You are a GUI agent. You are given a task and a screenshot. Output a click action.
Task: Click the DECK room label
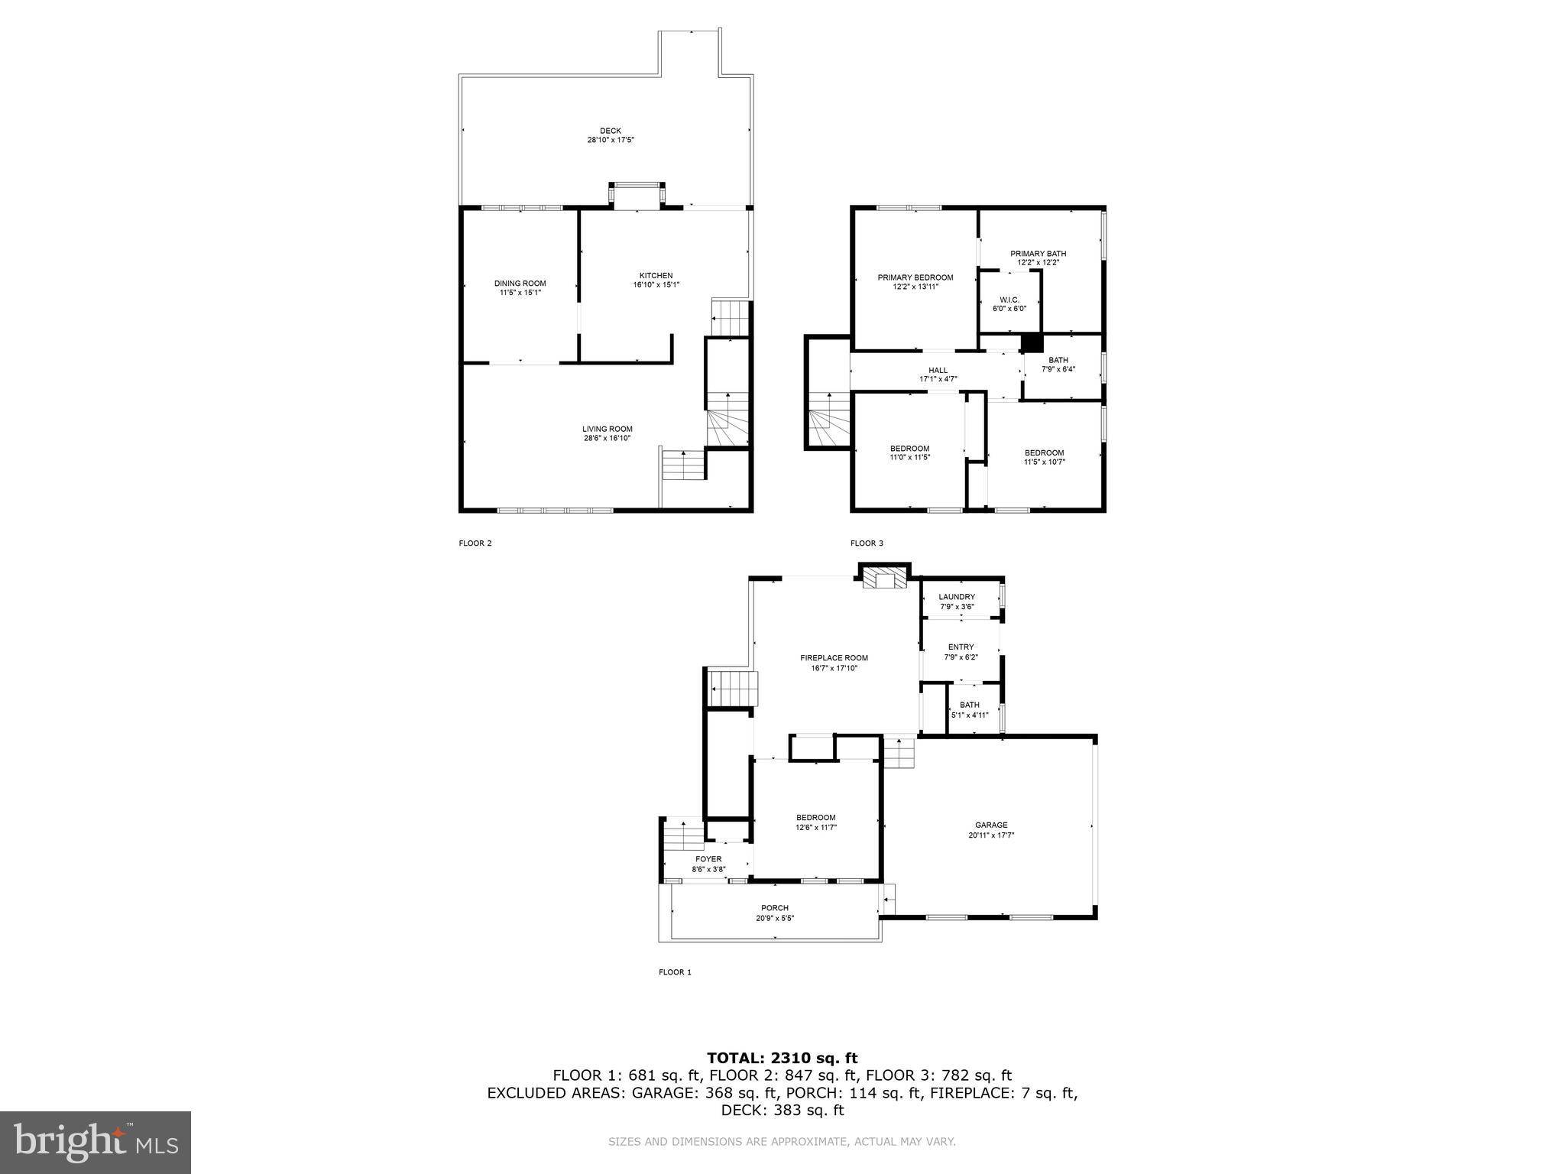(x=610, y=131)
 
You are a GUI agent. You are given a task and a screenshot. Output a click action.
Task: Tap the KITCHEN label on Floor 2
(x=656, y=276)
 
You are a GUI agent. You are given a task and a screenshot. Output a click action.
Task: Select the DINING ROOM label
(x=520, y=284)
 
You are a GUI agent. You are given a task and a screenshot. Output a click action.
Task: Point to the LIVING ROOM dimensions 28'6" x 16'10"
(x=607, y=439)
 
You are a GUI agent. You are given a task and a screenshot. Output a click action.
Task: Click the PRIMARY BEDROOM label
(x=915, y=277)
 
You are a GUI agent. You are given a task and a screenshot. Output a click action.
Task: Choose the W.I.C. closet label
(x=1009, y=300)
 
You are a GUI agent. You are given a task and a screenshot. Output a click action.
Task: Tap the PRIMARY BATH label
(x=1038, y=254)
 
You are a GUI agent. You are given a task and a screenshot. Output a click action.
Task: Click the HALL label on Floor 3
(x=938, y=370)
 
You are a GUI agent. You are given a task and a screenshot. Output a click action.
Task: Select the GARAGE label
(x=990, y=825)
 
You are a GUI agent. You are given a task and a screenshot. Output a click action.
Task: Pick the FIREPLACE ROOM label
(x=834, y=658)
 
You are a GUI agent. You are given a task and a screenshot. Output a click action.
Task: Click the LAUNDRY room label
(x=957, y=597)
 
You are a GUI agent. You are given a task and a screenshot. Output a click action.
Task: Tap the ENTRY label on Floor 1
(x=961, y=647)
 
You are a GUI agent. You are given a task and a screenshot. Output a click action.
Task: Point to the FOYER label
(x=708, y=859)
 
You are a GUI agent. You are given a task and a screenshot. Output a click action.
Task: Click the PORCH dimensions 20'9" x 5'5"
(x=774, y=919)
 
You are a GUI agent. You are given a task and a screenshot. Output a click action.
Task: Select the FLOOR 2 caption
(x=475, y=543)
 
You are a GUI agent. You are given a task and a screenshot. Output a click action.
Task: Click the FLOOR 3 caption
(x=867, y=543)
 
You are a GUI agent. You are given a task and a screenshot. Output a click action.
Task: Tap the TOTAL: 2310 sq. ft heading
(x=782, y=1058)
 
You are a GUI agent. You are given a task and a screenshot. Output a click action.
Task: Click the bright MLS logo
(x=96, y=1142)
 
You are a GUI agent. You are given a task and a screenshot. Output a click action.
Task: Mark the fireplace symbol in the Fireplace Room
(x=884, y=580)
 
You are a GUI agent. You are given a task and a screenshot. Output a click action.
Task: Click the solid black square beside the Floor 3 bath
(x=1032, y=343)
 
